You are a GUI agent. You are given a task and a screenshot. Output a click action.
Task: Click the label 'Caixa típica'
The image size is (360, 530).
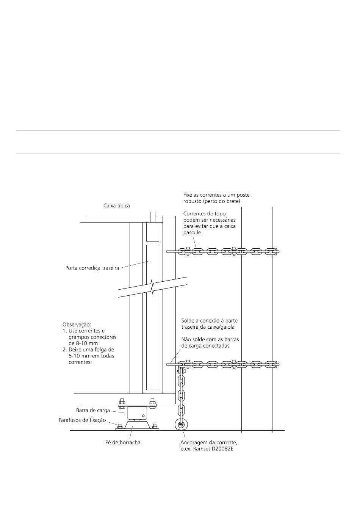pyautogui.click(x=117, y=206)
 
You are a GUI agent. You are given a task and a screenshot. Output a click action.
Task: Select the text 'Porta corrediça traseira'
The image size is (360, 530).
pyautogui.click(x=92, y=268)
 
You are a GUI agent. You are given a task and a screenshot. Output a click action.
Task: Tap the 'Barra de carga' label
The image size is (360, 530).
pyautogui.click(x=93, y=410)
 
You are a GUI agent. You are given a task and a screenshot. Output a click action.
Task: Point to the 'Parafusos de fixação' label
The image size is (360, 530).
pyautogui.click(x=82, y=420)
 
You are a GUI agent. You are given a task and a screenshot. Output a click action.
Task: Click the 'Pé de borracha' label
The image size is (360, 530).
pyautogui.click(x=123, y=442)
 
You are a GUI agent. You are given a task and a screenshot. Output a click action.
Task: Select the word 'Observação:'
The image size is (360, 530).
pyautogui.click(x=77, y=325)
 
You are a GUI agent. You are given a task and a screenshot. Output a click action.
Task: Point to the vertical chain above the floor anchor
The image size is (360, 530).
pyautogui.click(x=182, y=394)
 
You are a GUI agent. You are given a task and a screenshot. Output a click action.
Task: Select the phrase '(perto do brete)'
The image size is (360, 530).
pyautogui.click(x=221, y=201)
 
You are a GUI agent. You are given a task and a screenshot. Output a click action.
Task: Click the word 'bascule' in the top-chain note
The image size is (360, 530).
pyautogui.click(x=192, y=232)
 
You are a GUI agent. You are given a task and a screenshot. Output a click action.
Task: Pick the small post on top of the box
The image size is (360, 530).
pyautogui.click(x=152, y=217)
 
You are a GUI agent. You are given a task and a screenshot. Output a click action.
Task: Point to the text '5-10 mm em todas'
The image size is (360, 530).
pyautogui.click(x=91, y=356)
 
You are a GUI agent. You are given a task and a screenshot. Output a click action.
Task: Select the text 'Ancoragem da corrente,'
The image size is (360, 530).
pyautogui.click(x=209, y=442)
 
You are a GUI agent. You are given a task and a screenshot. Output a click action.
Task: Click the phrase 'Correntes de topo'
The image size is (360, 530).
pyautogui.click(x=204, y=213)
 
